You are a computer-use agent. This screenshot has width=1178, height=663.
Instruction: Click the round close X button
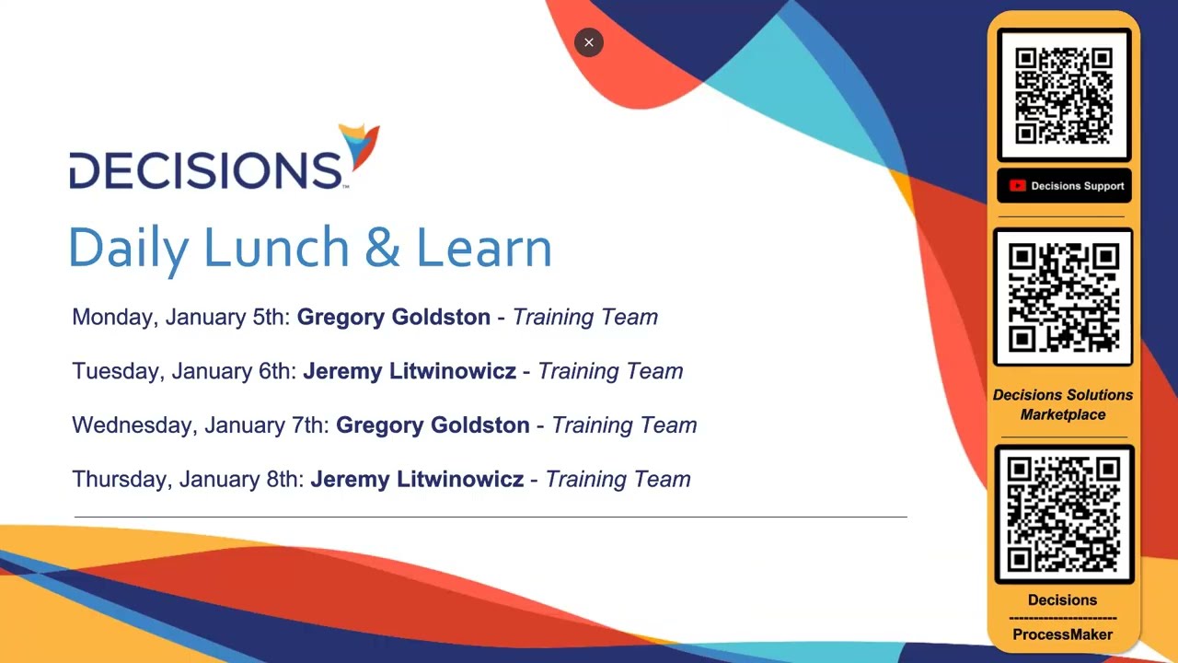pyautogui.click(x=589, y=42)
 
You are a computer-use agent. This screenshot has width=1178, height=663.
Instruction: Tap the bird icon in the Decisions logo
pyautogui.click(x=361, y=145)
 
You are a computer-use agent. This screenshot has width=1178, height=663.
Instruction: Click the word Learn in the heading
pyautogui.click(x=484, y=248)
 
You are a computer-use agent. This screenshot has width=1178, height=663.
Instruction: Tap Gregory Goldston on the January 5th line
pyautogui.click(x=394, y=318)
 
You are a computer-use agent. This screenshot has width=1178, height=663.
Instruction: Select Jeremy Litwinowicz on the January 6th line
pyautogui.click(x=410, y=371)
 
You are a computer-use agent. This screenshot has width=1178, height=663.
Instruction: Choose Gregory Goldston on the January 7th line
pyautogui.click(x=433, y=425)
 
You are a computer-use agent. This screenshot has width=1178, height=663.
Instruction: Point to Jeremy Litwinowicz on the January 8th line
pyautogui.click(x=417, y=480)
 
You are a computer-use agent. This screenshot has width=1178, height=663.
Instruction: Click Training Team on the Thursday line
pyautogui.click(x=618, y=480)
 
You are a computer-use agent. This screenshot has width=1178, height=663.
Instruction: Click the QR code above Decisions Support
pyautogui.click(x=1064, y=95)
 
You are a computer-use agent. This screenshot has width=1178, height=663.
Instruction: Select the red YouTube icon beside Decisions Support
pyautogui.click(x=1017, y=186)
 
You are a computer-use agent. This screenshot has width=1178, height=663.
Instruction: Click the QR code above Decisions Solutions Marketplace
pyautogui.click(x=1064, y=297)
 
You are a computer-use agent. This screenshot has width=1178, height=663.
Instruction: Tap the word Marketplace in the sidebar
pyautogui.click(x=1063, y=415)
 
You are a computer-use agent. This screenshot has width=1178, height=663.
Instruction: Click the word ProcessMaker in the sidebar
pyautogui.click(x=1063, y=634)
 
